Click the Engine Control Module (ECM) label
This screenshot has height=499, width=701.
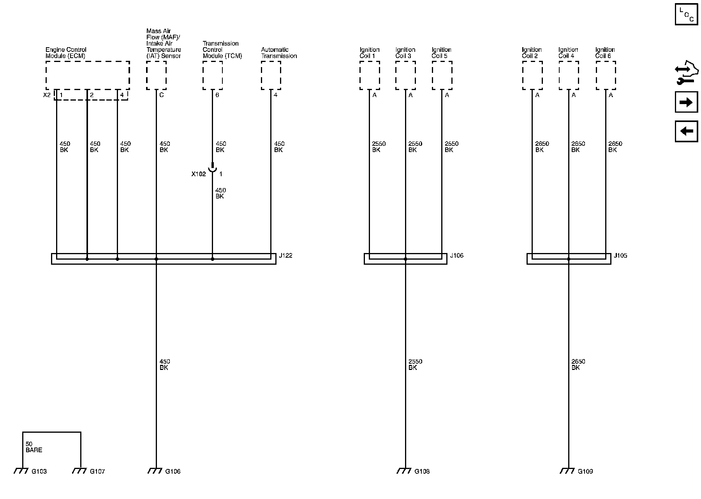coord(66,53)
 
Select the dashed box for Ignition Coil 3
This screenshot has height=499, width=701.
coord(405,76)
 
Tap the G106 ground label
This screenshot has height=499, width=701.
coord(173,471)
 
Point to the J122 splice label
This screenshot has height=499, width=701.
coord(286,256)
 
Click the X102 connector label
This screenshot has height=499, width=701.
coord(198,174)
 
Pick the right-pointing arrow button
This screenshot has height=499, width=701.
coord(686,103)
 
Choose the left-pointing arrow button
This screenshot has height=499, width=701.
coord(686,131)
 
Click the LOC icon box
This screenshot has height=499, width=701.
coord(686,14)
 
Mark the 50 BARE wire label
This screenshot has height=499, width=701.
coord(33,447)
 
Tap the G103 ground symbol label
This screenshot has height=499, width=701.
coord(39,471)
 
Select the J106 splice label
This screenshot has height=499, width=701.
coord(457,256)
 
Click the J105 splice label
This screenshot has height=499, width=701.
coord(620,256)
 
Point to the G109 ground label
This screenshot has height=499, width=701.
coord(585,471)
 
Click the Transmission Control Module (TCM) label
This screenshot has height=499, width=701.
coord(222,50)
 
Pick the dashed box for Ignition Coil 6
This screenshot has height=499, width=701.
coord(606,76)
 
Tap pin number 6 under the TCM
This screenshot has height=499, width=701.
coord(217,95)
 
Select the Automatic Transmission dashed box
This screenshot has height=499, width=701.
coord(271,76)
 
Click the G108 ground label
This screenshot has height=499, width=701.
coord(422,471)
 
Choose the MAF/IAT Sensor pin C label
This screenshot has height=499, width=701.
coord(161,95)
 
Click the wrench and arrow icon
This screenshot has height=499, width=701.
coord(686,74)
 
